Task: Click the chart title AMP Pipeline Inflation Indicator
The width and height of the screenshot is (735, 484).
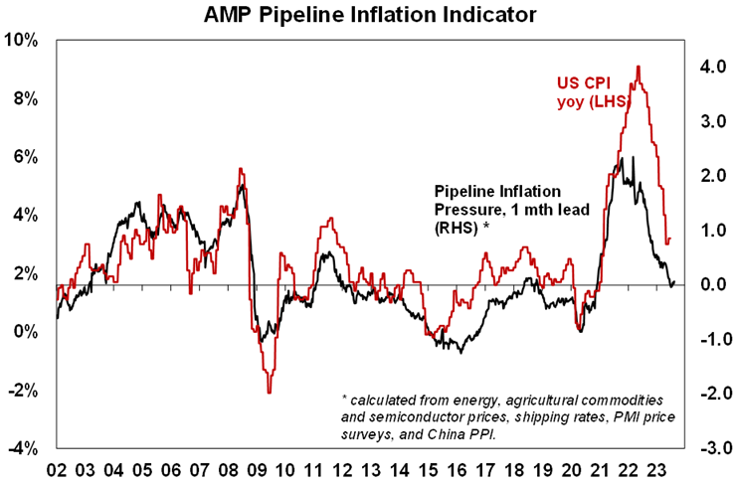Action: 369,15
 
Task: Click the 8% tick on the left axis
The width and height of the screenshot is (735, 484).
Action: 26,98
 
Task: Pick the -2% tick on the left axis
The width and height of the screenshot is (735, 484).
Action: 24,391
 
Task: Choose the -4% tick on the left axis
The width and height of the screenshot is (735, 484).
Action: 24,449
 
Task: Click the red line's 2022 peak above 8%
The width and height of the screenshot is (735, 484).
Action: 638,67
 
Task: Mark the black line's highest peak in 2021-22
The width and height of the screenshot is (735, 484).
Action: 621,158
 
